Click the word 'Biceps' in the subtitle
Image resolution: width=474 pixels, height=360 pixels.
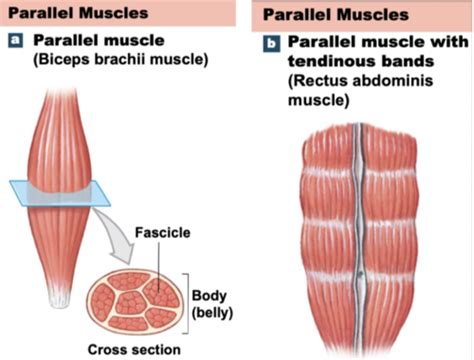coord(67,61)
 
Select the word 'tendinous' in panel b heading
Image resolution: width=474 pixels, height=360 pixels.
coord(329,64)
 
